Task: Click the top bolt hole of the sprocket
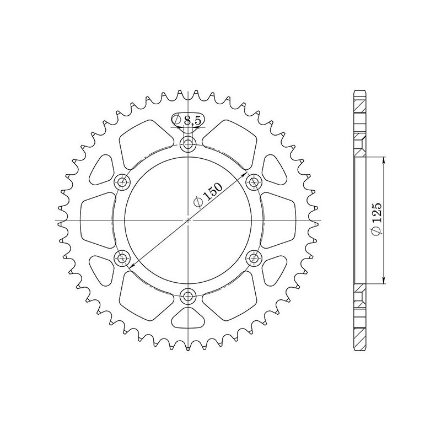pyautogui.click(x=189, y=145)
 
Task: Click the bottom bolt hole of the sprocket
pyautogui.click(x=189, y=295)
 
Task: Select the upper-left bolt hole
pyautogui.click(x=122, y=182)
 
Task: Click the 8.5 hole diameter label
pyautogui.click(x=188, y=120)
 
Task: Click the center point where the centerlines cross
pyautogui.click(x=189, y=220)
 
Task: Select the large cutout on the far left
pyautogui.click(x=96, y=220)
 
